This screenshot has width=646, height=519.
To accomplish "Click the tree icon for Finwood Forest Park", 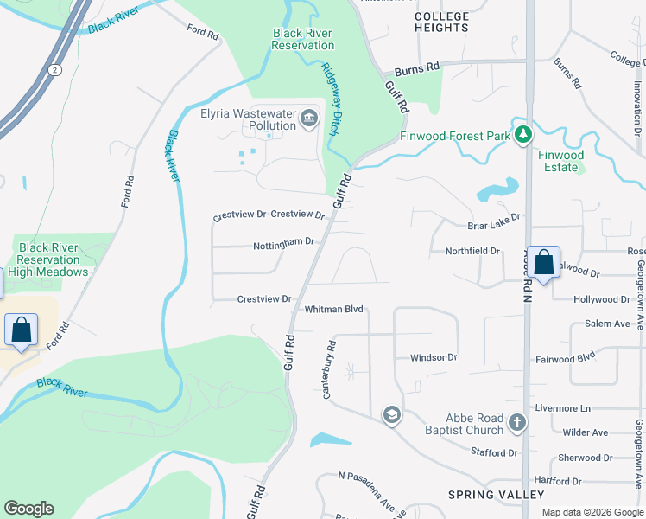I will click(522, 135).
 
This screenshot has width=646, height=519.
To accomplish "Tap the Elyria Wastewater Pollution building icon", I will click(309, 117).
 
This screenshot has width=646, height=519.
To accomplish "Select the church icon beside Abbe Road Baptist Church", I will click(516, 423).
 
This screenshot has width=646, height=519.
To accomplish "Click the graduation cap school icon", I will click(391, 415).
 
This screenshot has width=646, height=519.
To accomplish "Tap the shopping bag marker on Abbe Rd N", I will click(544, 262).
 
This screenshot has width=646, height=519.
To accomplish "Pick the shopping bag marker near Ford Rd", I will click(21, 330).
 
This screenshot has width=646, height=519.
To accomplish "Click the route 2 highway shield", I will click(54, 69).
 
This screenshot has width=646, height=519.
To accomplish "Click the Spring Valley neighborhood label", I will click(496, 495).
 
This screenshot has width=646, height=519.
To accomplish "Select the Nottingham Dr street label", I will click(283, 246).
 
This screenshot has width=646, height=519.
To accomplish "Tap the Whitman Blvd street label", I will click(333, 309).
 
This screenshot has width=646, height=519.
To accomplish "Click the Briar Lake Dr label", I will click(495, 219).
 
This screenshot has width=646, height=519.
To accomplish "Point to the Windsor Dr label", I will click(433, 357).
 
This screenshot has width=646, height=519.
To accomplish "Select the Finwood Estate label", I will click(561, 161).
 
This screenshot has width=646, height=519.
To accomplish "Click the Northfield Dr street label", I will click(472, 251).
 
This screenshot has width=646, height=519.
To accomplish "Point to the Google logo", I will click(29, 509).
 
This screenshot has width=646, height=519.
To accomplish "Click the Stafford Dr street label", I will click(494, 452).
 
